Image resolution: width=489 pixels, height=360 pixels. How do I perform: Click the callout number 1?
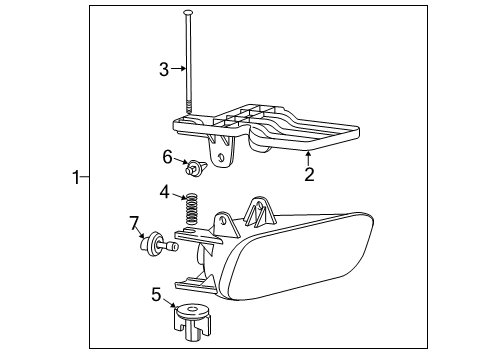pyautogui.click(x=75, y=178)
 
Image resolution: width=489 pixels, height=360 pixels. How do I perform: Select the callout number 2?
pyautogui.click(x=309, y=175)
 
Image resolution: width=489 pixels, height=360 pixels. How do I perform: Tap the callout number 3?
pyautogui.click(x=163, y=68)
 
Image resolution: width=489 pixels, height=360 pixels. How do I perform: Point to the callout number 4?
pyautogui.click(x=163, y=191)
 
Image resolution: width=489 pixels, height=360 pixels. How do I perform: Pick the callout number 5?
pyautogui.click(x=156, y=294)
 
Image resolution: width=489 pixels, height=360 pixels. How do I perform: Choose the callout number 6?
pyautogui.click(x=168, y=156)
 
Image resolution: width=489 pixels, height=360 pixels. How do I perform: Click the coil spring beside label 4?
pyautogui.click(x=192, y=212)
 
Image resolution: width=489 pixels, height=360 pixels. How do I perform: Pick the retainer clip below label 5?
pyautogui.click(x=192, y=321)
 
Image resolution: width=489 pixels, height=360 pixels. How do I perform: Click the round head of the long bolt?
pyautogui.click(x=188, y=12)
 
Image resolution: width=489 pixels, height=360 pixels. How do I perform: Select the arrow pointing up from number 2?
pyautogui.click(x=309, y=158)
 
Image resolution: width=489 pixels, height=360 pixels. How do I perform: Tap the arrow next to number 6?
pyautogui.click(x=181, y=160)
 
